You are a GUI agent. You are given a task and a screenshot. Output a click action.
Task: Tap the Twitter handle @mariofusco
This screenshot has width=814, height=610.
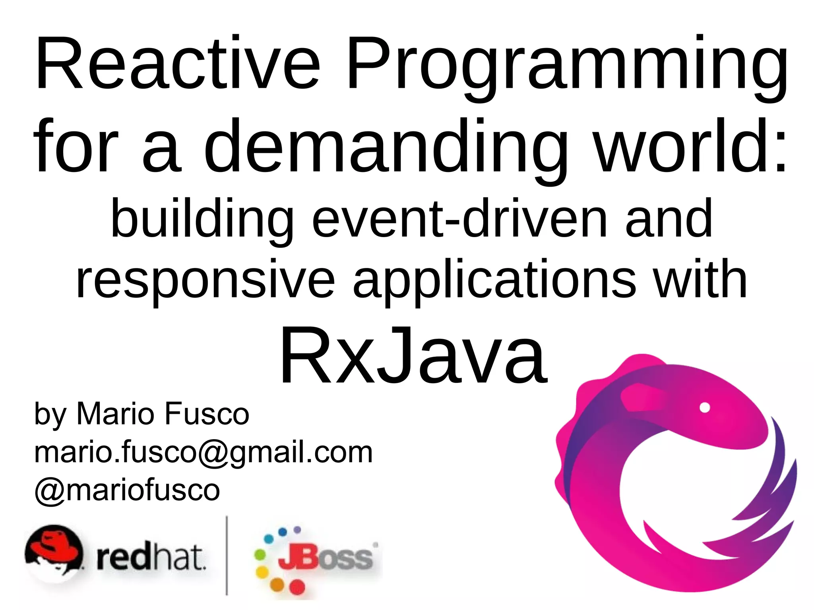(x=127, y=489)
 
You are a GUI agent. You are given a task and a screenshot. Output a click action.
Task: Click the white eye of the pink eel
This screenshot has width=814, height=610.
(x=705, y=408)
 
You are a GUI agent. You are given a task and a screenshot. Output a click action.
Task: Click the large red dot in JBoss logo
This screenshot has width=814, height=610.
(x=297, y=587)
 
